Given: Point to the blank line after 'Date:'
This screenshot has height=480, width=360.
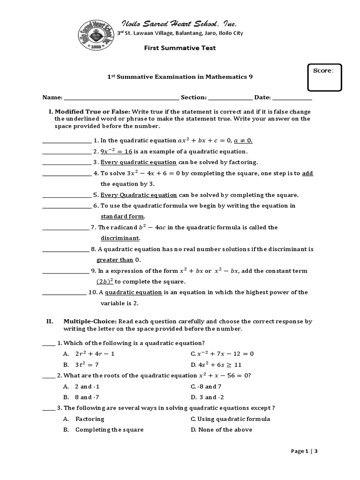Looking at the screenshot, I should (x=292, y=98).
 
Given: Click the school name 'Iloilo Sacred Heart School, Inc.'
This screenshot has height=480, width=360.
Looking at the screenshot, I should (x=180, y=24).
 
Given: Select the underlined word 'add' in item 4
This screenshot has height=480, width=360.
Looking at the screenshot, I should (x=307, y=173).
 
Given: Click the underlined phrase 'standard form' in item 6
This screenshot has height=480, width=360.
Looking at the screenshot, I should (x=123, y=217).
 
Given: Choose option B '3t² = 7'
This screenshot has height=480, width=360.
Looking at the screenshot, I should (x=87, y=365).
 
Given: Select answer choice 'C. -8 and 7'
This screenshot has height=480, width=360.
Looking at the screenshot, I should (x=206, y=387).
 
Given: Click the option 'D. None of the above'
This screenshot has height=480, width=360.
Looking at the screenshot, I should (x=221, y=430).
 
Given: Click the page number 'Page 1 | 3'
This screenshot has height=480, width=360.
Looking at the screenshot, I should (x=304, y=451).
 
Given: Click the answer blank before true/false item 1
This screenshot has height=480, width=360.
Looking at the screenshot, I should (x=67, y=140).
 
